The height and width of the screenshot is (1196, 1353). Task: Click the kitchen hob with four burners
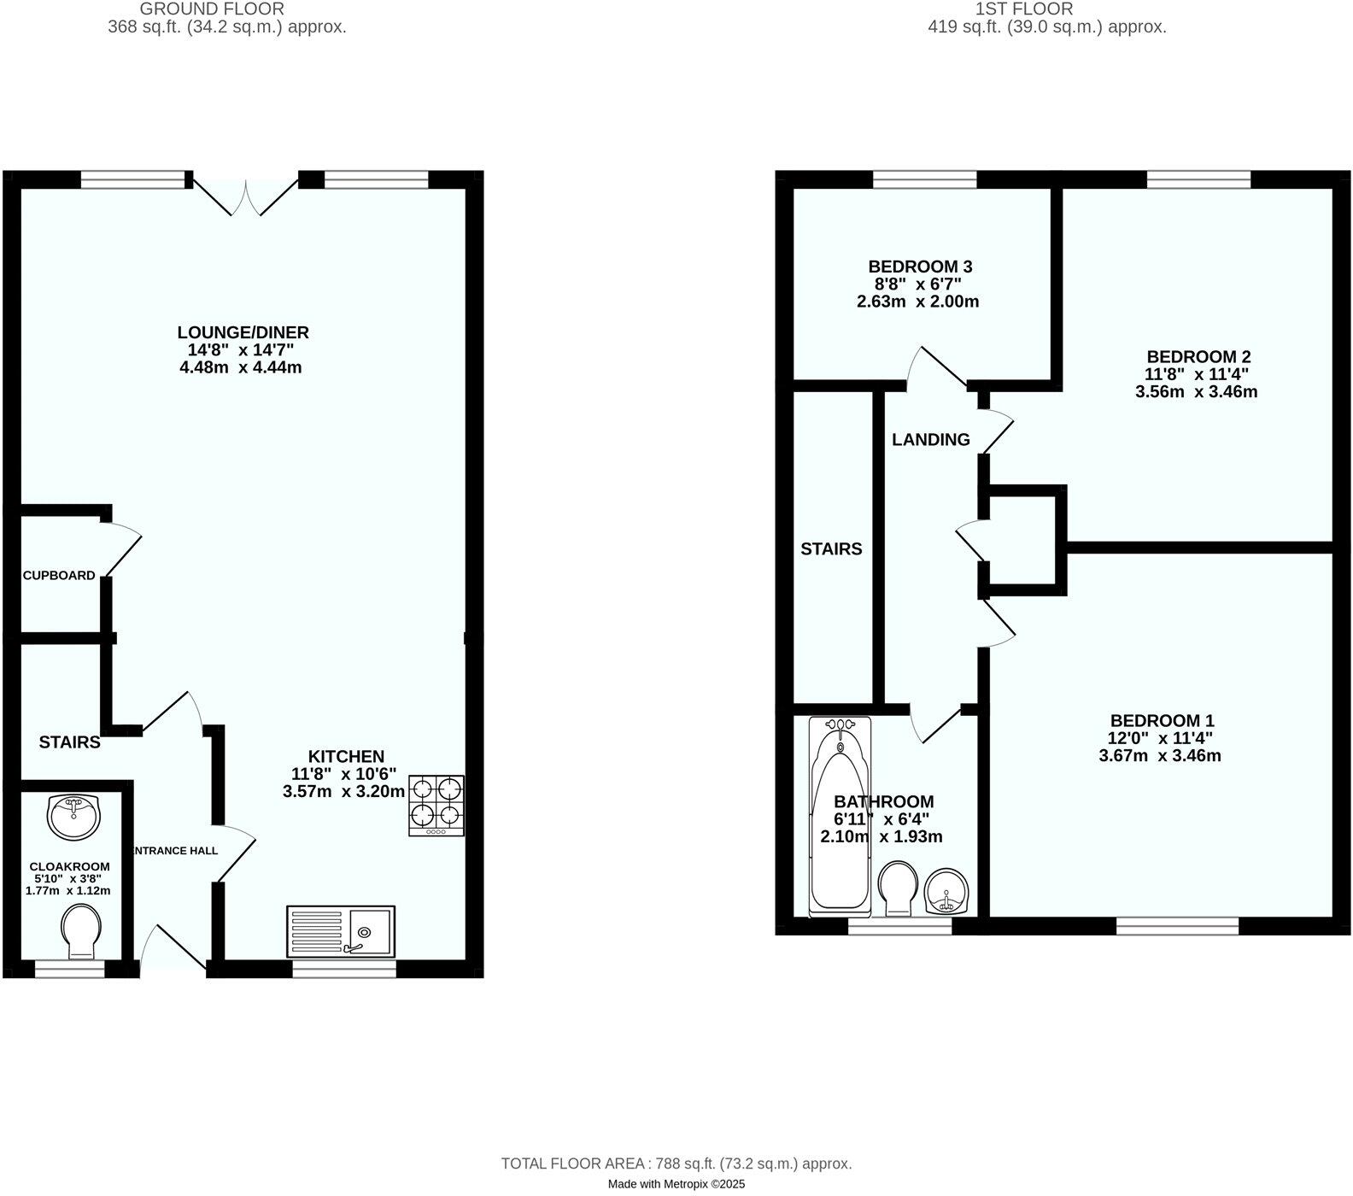tap(436, 805)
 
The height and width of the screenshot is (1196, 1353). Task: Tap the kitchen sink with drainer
tap(342, 930)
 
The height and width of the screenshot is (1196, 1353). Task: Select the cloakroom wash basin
tap(74, 817)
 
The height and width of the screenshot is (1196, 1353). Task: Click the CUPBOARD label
tap(59, 576)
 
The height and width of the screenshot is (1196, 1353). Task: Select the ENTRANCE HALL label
tap(176, 851)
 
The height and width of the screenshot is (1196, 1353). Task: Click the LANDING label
tap(931, 440)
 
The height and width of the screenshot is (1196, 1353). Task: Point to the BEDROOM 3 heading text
tap(920, 267)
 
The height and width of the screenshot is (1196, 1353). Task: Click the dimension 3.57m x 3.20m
tap(343, 792)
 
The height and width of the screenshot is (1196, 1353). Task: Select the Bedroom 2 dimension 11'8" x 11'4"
tap(1198, 374)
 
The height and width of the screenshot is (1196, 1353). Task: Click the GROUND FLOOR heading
tap(212, 9)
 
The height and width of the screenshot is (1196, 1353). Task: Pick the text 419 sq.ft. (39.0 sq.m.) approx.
tap(1046, 26)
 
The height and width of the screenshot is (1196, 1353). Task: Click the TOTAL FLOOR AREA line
tap(676, 1164)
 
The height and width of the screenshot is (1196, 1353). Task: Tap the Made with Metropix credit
tap(676, 1184)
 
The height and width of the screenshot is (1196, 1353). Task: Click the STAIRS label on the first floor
tap(831, 549)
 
